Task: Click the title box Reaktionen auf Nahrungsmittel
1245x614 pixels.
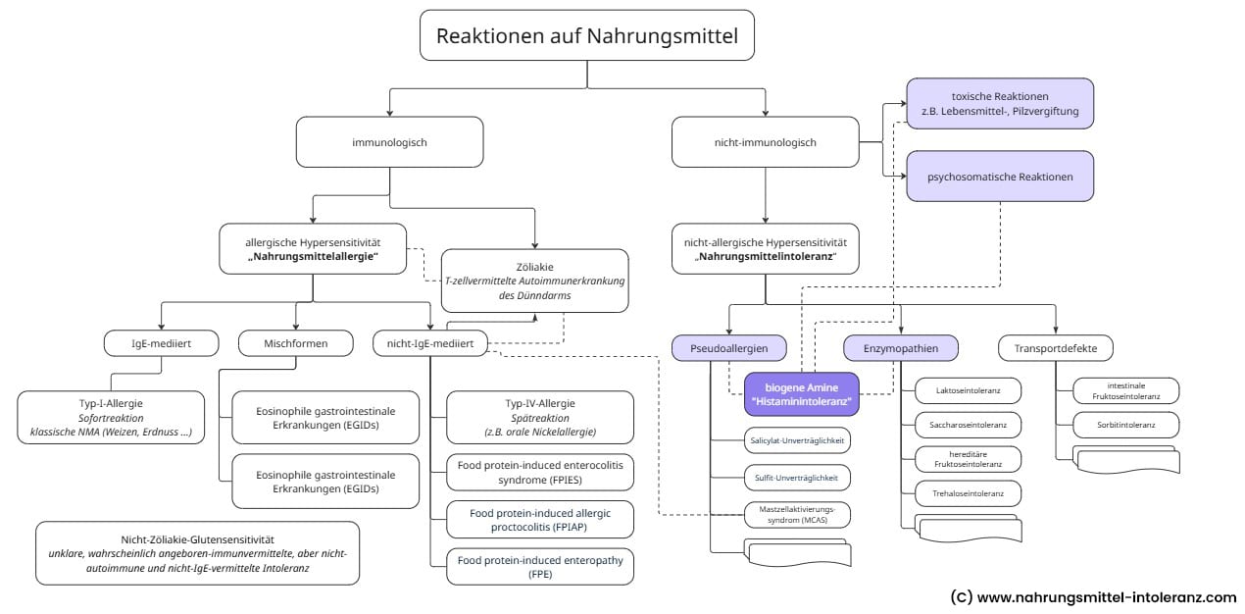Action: [586, 36]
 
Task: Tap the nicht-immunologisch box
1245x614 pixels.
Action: [765, 142]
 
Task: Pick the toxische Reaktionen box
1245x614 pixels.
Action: [1000, 104]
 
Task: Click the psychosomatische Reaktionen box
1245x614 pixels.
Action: [1000, 177]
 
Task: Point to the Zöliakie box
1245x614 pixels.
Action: [534, 281]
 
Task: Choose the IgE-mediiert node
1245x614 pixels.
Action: [161, 343]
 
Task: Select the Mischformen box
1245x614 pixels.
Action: [296, 343]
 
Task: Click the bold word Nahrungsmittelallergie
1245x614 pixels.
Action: [313, 256]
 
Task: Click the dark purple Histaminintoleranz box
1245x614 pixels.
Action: [801, 394]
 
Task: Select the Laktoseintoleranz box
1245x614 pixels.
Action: [968, 390]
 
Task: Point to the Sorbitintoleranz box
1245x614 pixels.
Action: [1126, 426]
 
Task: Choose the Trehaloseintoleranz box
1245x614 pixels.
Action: [968, 492]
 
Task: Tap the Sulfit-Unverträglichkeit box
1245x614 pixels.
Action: [796, 478]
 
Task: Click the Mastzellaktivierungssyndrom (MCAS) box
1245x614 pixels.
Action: [796, 514]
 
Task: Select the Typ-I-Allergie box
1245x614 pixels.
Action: [111, 416]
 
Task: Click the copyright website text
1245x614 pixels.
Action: [1093, 596]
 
